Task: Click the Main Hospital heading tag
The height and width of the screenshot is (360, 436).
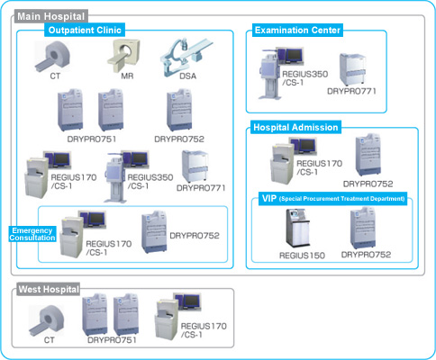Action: (x=51, y=16)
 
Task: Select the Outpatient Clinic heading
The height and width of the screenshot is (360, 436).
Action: (x=85, y=30)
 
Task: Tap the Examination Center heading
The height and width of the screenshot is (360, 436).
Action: (x=297, y=30)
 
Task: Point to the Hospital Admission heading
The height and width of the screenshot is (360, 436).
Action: (x=295, y=127)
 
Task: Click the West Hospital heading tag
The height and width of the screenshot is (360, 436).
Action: (x=49, y=290)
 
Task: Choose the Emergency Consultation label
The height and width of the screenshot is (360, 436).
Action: (x=32, y=234)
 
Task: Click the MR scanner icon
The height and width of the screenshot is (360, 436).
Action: (x=123, y=56)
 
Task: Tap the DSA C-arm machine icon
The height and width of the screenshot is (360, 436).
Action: (x=186, y=57)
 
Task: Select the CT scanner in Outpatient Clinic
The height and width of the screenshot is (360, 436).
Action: (x=52, y=57)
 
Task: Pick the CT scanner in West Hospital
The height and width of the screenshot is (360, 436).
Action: (x=46, y=320)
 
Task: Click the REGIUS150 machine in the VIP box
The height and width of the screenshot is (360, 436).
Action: (x=297, y=228)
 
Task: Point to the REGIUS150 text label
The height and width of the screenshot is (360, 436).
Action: (x=302, y=256)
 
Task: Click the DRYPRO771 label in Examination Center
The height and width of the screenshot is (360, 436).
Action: (x=351, y=91)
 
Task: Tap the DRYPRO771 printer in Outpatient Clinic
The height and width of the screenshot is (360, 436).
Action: (x=195, y=166)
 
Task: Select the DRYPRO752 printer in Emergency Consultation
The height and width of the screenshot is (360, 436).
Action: (x=154, y=232)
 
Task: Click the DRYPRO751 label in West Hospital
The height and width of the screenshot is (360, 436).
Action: (x=112, y=340)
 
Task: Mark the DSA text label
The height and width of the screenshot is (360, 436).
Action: (x=188, y=76)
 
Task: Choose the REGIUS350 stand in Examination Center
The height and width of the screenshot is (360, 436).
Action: (x=270, y=75)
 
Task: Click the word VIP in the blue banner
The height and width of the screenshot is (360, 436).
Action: (x=269, y=198)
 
